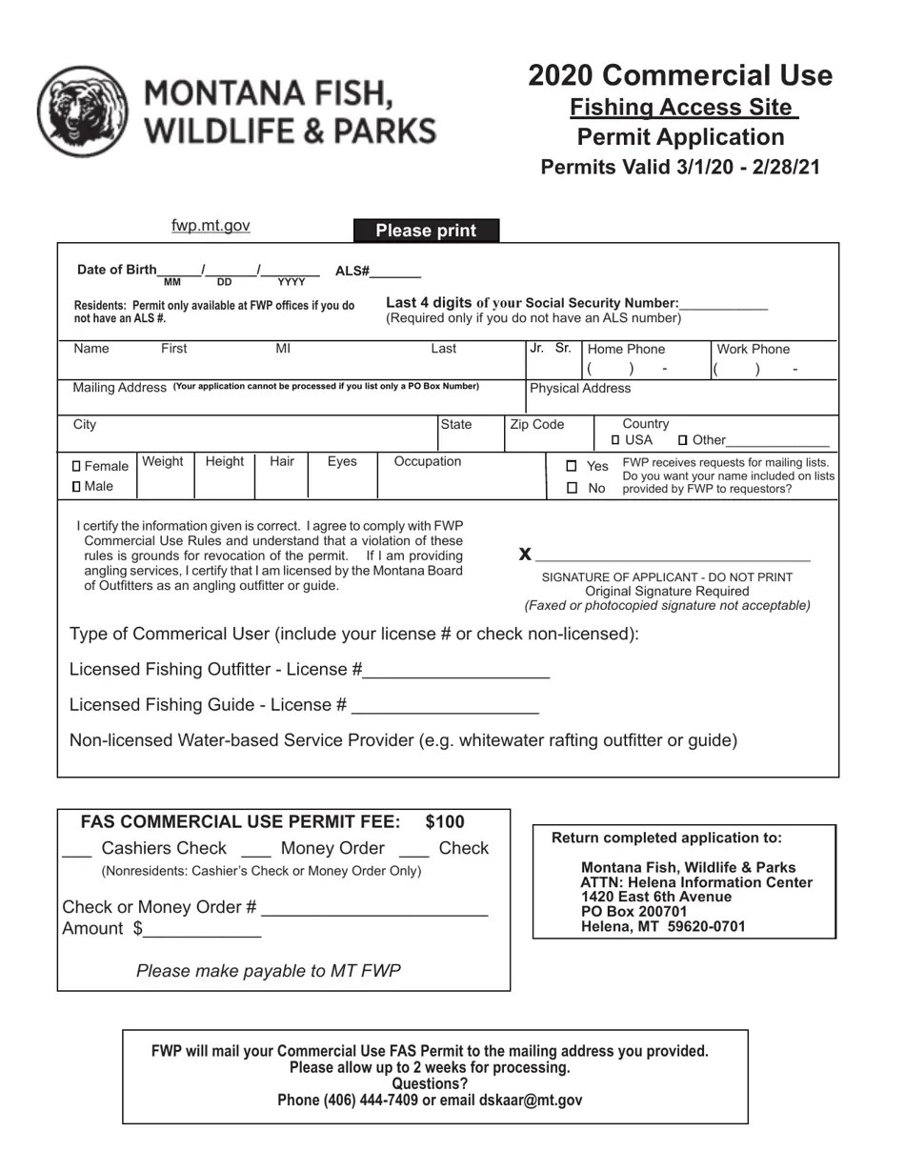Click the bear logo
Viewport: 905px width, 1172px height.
click(x=83, y=111)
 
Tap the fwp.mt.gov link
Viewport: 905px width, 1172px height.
click(x=211, y=226)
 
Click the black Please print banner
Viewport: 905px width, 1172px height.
click(x=426, y=231)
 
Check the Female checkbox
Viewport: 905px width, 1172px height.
click(x=77, y=467)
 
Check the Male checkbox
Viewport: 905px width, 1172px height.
click(x=77, y=487)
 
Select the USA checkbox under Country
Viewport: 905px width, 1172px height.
click(x=615, y=440)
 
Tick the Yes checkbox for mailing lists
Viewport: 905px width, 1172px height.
click(x=572, y=466)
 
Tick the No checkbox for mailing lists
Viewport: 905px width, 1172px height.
click(x=572, y=488)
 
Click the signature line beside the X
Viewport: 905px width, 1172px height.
click(x=672, y=555)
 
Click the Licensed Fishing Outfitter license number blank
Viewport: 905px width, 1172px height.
click(x=456, y=671)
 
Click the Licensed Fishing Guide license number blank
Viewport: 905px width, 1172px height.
click(x=445, y=707)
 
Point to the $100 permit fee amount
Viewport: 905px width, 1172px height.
click(x=445, y=822)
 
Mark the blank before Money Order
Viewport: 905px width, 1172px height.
click(x=256, y=850)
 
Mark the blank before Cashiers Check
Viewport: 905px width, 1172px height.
click(x=76, y=850)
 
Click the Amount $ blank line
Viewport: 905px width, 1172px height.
click(x=202, y=930)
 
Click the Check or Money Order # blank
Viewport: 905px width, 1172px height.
click(x=373, y=909)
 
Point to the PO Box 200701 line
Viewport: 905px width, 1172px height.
click(x=633, y=912)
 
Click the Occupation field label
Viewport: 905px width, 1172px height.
click(x=427, y=462)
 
